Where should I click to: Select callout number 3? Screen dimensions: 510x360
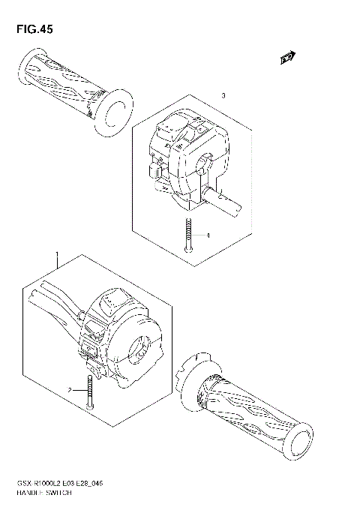click(223, 96)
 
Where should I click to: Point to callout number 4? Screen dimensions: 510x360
click(207, 235)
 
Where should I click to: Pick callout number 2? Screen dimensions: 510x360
click(68, 390)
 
